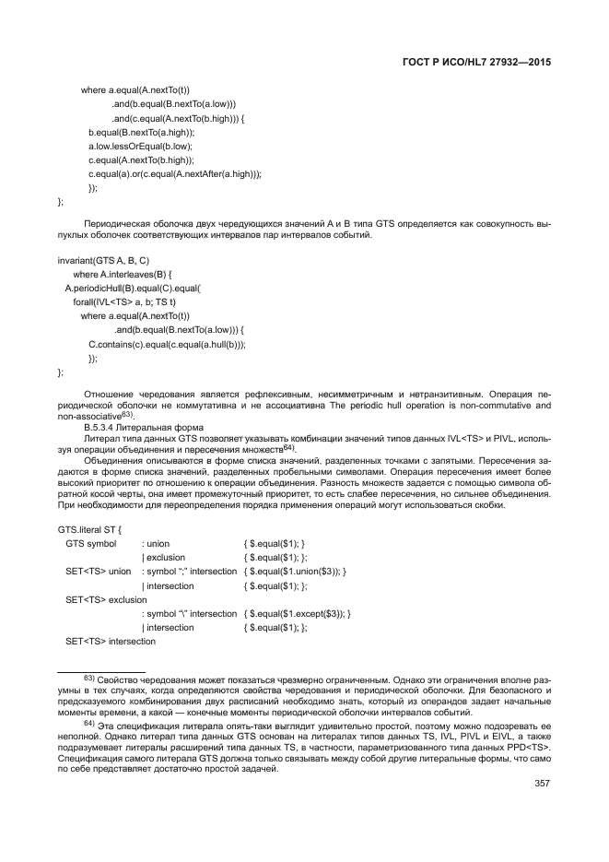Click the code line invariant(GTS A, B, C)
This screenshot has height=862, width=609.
pyautogui.click(x=103, y=261)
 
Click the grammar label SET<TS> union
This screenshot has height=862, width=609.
pyautogui.click(x=99, y=572)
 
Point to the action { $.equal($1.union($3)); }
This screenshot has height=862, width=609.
pyautogui.click(x=295, y=572)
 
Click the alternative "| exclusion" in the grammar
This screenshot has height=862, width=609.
pyautogui.click(x=163, y=558)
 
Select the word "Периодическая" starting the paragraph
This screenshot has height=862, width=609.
pyautogui.click(x=112, y=224)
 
